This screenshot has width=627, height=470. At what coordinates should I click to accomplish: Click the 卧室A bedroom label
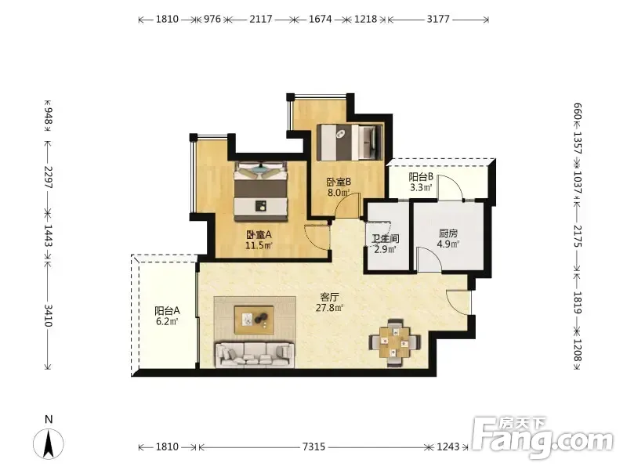pyautogui.click(x=259, y=234)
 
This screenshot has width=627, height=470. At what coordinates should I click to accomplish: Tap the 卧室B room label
pyautogui.click(x=339, y=182)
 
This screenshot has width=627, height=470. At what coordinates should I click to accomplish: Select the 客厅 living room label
pyautogui.click(x=330, y=297)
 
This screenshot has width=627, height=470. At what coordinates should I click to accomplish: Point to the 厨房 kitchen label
pyautogui.click(x=448, y=233)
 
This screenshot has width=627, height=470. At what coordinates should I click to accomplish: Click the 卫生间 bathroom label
pyautogui.click(x=386, y=239)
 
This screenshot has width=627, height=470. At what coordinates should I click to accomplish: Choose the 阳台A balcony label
pyautogui.click(x=167, y=310)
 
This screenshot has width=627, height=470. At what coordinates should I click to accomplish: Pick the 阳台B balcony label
pyautogui.click(x=421, y=177)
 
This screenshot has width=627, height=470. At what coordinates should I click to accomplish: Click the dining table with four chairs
pyautogui.click(x=395, y=342)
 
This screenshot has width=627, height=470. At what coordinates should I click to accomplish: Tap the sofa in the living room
pyautogui.click(x=255, y=354)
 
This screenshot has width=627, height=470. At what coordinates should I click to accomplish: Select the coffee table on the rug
pyautogui.click(x=254, y=320)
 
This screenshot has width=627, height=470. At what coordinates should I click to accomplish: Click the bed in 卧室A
pyautogui.click(x=261, y=190)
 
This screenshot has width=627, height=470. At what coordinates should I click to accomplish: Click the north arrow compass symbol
pyautogui.click(x=49, y=443)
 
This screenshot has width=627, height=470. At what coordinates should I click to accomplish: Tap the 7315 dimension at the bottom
pyautogui.click(x=314, y=446)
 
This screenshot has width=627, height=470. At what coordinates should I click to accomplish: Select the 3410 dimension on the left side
pyautogui.click(x=48, y=316)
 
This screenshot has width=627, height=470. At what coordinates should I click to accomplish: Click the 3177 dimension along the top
pyautogui.click(x=438, y=19)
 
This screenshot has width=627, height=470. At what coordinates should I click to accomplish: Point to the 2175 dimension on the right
pyautogui.click(x=578, y=236)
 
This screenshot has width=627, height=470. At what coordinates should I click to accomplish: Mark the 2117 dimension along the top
pyautogui.click(x=261, y=19)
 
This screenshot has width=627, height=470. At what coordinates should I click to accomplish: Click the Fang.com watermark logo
pyautogui.click(x=543, y=438)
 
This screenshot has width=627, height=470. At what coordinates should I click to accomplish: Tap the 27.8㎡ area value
pyautogui.click(x=330, y=308)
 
